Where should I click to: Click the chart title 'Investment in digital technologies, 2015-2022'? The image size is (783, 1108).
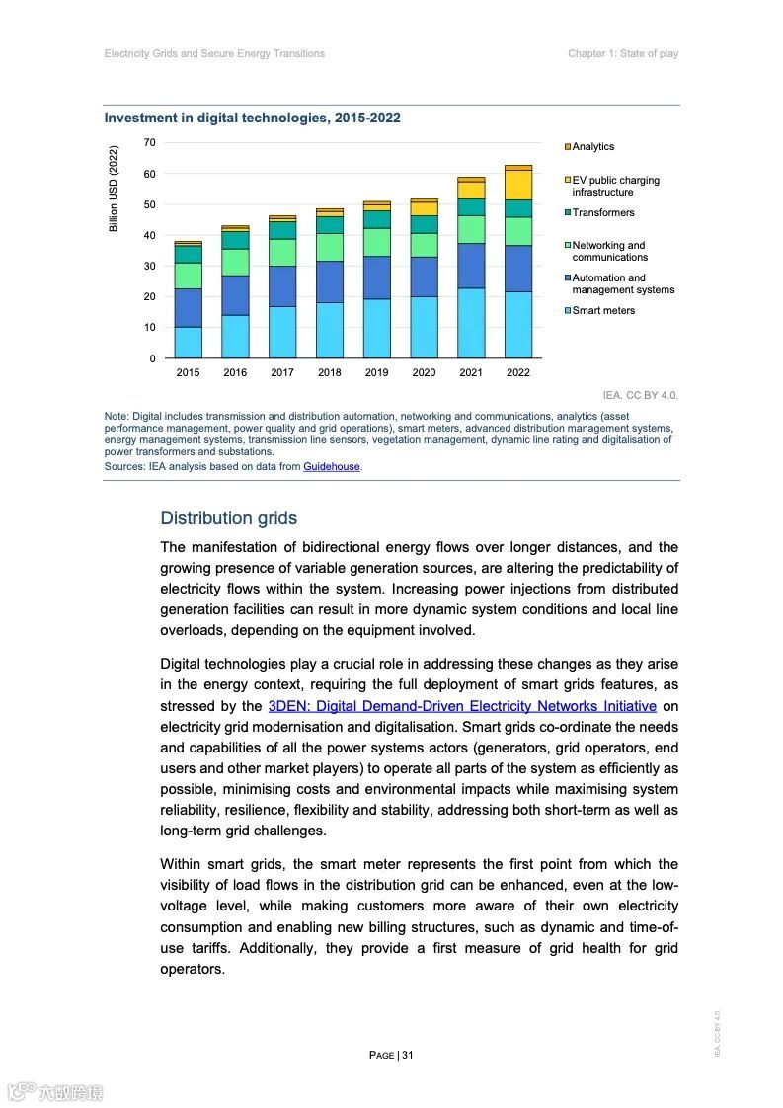point(252,118)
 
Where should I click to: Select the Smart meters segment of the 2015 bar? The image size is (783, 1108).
point(188,342)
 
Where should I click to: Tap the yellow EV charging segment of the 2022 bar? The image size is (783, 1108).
point(518,185)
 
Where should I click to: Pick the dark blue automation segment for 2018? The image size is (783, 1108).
point(330,281)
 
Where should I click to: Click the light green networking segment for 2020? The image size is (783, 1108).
point(424,245)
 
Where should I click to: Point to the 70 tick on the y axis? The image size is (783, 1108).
point(149,143)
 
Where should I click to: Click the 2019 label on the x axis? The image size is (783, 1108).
point(376,372)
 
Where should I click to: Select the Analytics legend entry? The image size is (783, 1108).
point(592,147)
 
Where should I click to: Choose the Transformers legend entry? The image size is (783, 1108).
point(602,212)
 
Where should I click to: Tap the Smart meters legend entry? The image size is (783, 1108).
point(603,310)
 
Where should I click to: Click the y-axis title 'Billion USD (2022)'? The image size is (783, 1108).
point(114,190)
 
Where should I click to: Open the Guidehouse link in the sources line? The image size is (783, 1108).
point(332,466)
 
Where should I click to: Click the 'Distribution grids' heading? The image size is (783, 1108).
point(228,518)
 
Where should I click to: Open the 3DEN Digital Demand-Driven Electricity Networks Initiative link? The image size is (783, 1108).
point(462,706)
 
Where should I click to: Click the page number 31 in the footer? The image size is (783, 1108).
point(407,1055)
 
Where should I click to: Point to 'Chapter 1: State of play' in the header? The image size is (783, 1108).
point(622,53)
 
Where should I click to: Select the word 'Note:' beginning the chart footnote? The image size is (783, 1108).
point(117,417)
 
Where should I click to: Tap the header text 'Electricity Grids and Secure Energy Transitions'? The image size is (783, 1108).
point(214,53)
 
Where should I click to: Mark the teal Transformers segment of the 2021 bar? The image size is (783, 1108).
point(471,207)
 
